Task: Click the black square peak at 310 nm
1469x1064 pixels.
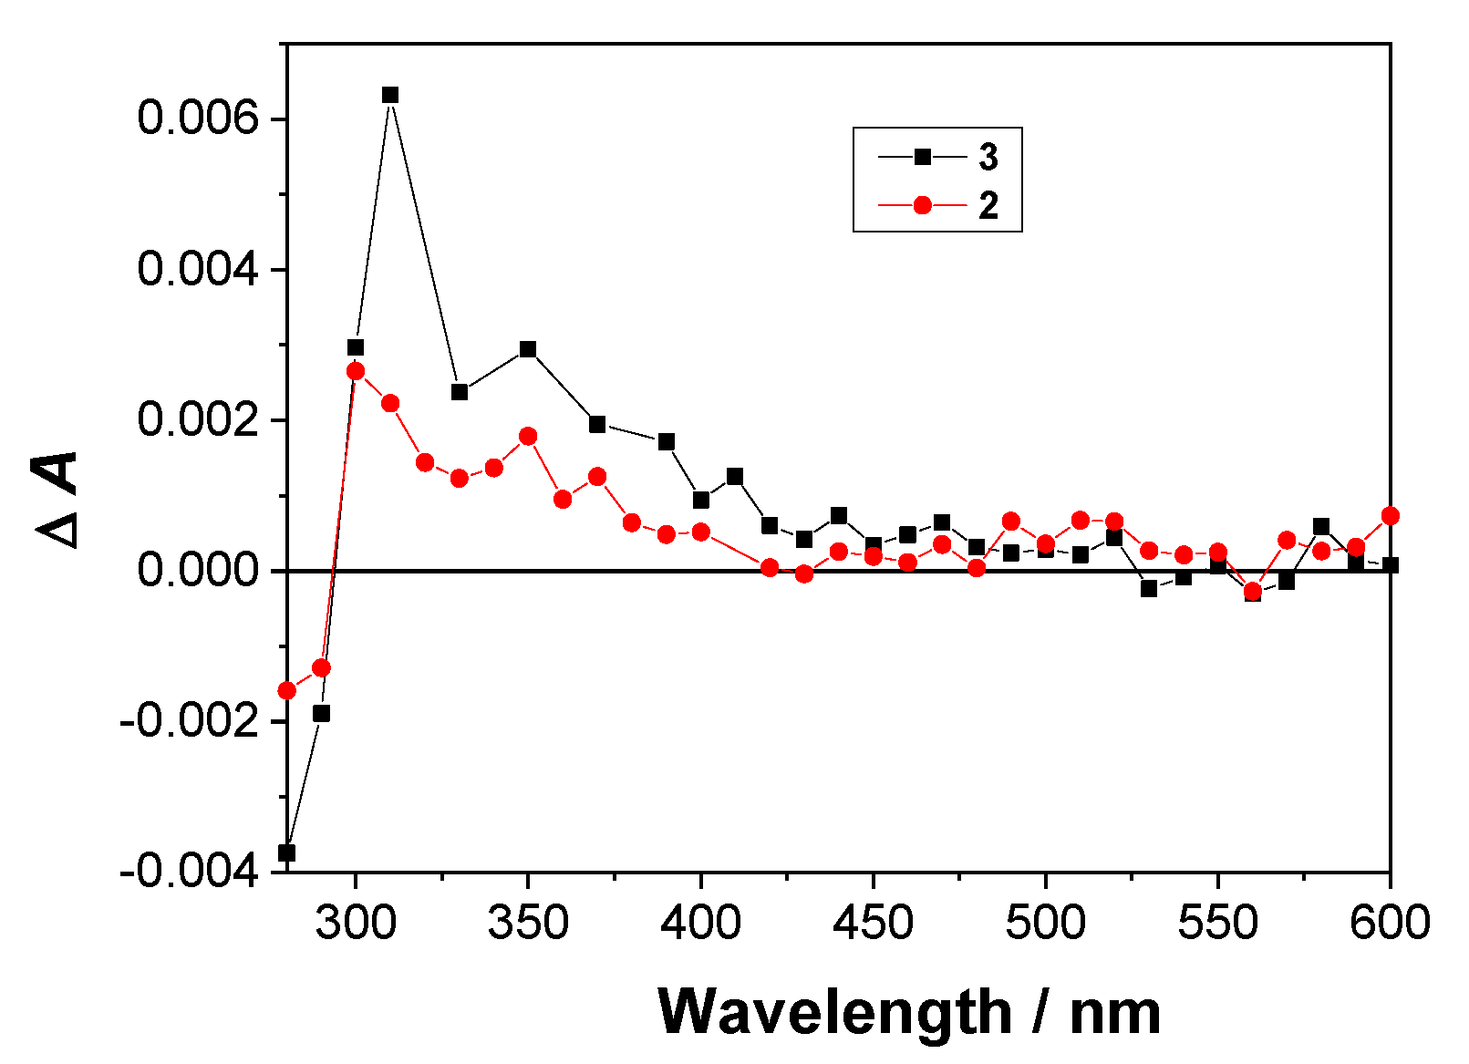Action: point(390,95)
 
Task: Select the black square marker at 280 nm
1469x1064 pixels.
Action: point(287,852)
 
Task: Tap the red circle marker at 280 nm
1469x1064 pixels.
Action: point(287,690)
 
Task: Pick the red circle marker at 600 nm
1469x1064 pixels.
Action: point(1390,516)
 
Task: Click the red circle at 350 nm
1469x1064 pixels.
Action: point(528,436)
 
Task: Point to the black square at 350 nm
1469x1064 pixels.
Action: point(528,349)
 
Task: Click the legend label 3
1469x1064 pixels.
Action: point(988,158)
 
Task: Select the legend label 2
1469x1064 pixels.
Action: point(988,205)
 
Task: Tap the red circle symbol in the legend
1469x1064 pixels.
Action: point(922,205)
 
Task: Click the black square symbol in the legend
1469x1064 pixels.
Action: point(922,157)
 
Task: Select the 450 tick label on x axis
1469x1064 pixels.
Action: point(873,923)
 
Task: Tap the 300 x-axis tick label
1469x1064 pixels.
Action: point(356,923)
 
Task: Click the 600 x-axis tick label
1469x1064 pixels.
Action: point(1389,923)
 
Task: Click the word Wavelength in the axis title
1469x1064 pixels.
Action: point(834,1012)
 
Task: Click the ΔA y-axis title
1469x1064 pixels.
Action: point(57,500)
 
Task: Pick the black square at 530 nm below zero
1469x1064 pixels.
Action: point(1148,588)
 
